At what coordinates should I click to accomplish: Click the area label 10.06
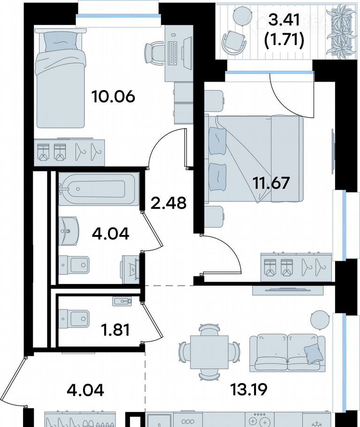[x=113, y=96]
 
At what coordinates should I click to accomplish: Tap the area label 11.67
[x=271, y=183]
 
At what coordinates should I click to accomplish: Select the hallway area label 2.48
[x=168, y=203]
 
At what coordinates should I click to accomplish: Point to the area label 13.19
[x=249, y=389]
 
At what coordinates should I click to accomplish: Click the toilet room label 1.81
[x=115, y=329]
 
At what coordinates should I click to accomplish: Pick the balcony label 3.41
[x=284, y=20]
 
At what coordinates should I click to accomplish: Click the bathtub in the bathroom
[x=99, y=189]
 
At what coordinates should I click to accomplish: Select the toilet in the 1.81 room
[x=74, y=319]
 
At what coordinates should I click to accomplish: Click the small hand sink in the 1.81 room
[x=122, y=301]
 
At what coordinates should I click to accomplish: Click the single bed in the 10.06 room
[x=60, y=78]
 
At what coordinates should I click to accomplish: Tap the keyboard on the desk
[x=173, y=53]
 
